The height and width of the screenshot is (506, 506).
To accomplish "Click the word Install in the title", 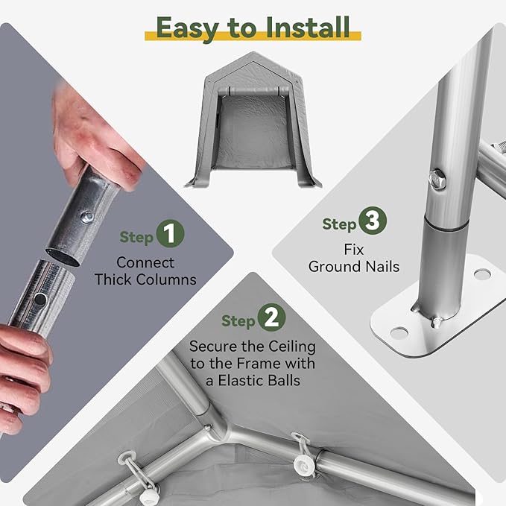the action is (308, 28).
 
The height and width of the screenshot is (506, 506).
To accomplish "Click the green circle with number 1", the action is (170, 233).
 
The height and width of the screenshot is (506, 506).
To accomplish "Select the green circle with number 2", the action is (271, 317).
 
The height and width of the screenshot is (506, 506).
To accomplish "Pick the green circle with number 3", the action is (373, 221).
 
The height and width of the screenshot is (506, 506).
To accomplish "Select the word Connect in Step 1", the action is (145, 262).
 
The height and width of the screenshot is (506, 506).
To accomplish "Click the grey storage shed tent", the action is (253, 120).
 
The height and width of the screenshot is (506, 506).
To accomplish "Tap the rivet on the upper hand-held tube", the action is (87, 217).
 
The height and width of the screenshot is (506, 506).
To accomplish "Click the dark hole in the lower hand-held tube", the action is (40, 300).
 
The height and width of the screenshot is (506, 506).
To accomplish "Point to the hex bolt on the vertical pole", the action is (437, 179).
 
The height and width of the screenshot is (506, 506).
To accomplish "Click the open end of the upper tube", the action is (63, 257).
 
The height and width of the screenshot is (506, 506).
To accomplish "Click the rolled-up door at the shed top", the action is (253, 91).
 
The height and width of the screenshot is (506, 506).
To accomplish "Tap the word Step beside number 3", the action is (340, 224).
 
